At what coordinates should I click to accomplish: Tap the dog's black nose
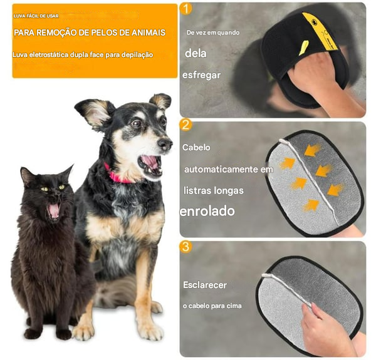(165, 144)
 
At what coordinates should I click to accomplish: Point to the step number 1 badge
(185, 8)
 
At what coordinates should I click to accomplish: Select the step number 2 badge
(185, 125)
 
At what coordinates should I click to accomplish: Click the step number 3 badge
(185, 247)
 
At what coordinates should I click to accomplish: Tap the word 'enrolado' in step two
(207, 212)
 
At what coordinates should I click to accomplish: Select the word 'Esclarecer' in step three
(204, 285)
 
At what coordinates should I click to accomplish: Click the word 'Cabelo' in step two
(196, 148)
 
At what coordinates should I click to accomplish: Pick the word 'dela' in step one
(196, 53)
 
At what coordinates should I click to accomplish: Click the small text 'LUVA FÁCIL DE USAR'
(36, 16)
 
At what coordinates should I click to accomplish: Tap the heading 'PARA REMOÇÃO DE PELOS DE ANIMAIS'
(90, 33)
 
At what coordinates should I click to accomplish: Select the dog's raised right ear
(160, 101)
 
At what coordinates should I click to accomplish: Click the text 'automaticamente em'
(228, 170)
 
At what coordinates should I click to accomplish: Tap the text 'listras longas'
(213, 190)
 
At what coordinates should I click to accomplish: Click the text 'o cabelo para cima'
(212, 306)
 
